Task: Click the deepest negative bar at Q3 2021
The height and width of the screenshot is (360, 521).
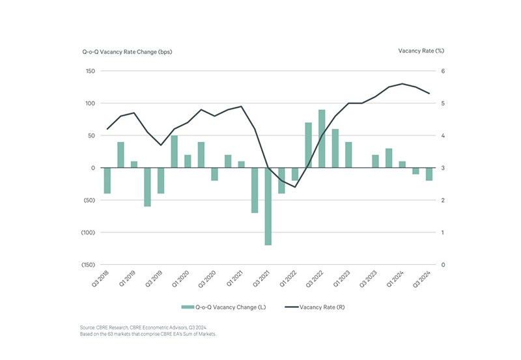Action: [268, 206]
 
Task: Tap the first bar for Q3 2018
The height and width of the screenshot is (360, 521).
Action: [107, 180]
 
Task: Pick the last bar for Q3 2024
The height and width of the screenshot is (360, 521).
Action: [429, 174]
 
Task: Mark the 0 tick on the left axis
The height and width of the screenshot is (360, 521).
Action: [92, 168]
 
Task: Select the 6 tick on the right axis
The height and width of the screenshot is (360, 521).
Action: [443, 71]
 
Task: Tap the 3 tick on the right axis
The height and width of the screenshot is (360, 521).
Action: [443, 168]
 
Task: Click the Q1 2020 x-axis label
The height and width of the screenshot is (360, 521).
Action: [180, 278]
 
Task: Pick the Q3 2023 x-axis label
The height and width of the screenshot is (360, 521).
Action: [368, 278]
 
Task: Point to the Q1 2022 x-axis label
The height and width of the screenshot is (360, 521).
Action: [288, 278]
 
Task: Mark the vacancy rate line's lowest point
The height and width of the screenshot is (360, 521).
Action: [295, 187]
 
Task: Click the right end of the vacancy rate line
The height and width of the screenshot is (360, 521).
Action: [429, 94]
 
